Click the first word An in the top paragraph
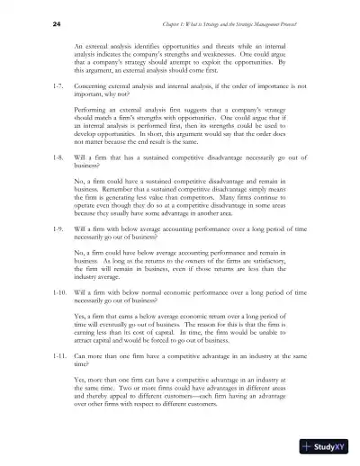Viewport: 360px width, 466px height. click(x=77, y=42)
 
